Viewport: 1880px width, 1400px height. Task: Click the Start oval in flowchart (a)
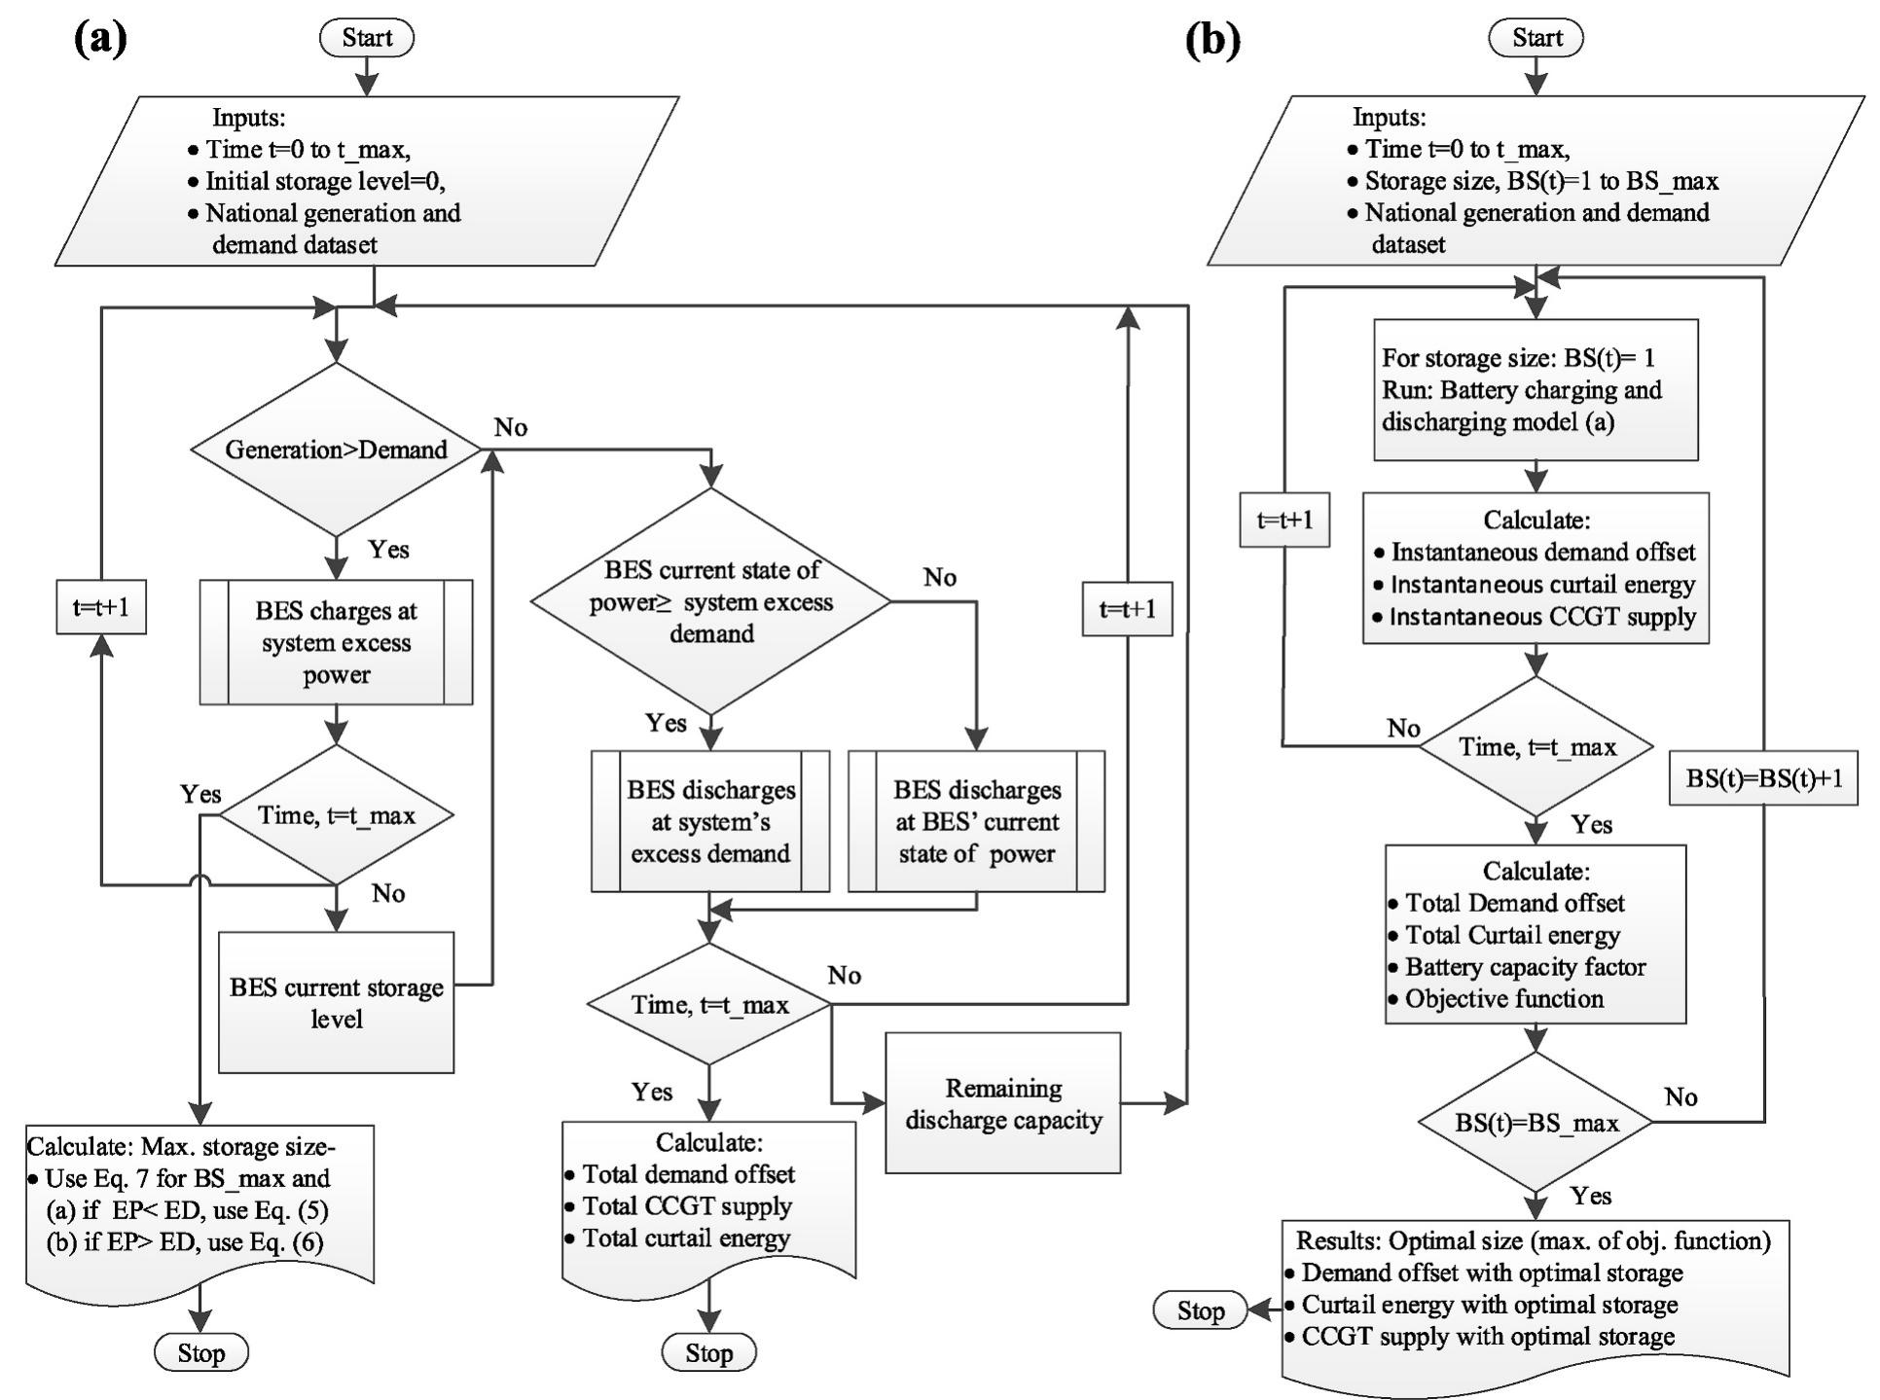pyautogui.click(x=367, y=38)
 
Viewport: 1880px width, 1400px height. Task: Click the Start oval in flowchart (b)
pyautogui.click(x=1536, y=38)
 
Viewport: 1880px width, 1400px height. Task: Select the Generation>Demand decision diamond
pyautogui.click(x=336, y=449)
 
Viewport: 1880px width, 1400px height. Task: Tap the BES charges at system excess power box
pyautogui.click(x=336, y=642)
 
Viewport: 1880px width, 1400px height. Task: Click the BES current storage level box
pyautogui.click(x=336, y=1002)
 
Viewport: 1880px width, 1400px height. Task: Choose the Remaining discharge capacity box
pyautogui.click(x=1002, y=1102)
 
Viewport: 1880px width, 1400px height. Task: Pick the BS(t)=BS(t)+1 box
pyautogui.click(x=1763, y=778)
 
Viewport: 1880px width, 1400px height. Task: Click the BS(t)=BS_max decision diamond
pyautogui.click(x=1536, y=1123)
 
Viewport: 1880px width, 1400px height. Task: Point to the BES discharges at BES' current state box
pyautogui.click(x=976, y=821)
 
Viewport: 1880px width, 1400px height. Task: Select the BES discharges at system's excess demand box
pyautogui.click(x=710, y=821)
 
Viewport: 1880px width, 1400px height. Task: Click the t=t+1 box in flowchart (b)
pyautogui.click(x=1284, y=521)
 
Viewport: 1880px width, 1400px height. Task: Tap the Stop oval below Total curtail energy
pyautogui.click(x=708, y=1352)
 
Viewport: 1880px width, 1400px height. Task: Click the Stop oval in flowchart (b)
pyautogui.click(x=1200, y=1310)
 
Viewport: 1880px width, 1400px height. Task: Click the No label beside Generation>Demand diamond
pyautogui.click(x=511, y=427)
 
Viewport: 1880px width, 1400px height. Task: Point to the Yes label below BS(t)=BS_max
pyautogui.click(x=1591, y=1196)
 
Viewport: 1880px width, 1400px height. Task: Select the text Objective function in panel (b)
pyautogui.click(x=1504, y=998)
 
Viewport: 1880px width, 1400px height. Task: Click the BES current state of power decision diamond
pyautogui.click(x=710, y=601)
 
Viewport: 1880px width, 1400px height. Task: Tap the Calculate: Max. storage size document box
pyautogui.click(x=199, y=1206)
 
